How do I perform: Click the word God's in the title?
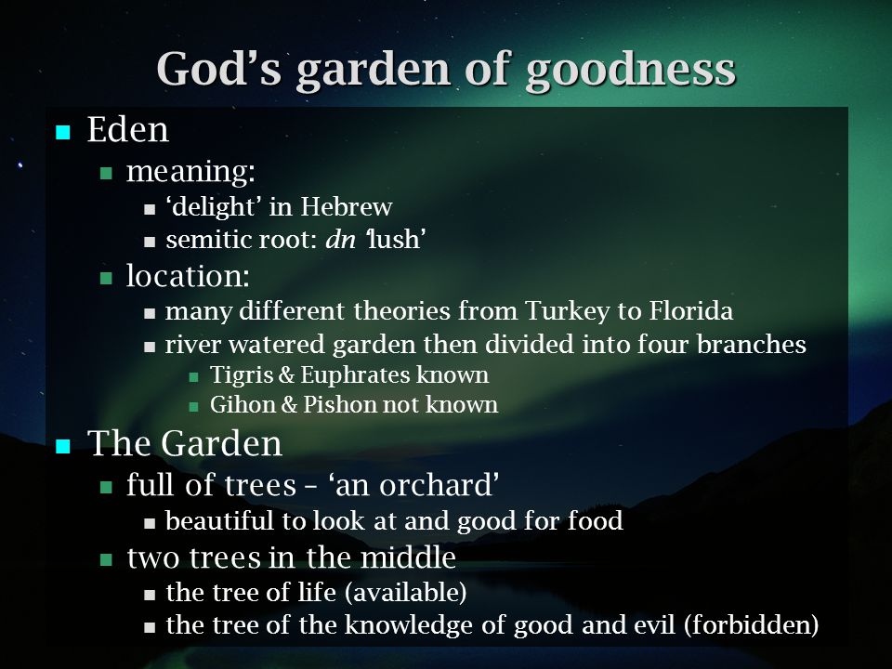[219, 68]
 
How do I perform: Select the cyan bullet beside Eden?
[62, 133]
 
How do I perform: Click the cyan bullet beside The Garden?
[62, 446]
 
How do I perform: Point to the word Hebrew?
[347, 206]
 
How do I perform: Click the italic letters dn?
[340, 239]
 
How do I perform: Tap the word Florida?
[690, 310]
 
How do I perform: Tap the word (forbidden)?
[751, 625]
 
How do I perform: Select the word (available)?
[406, 592]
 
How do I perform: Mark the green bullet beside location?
[106, 278]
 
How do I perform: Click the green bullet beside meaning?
[106, 173]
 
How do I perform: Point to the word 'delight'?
[214, 207]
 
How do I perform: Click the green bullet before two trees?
[106, 559]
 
